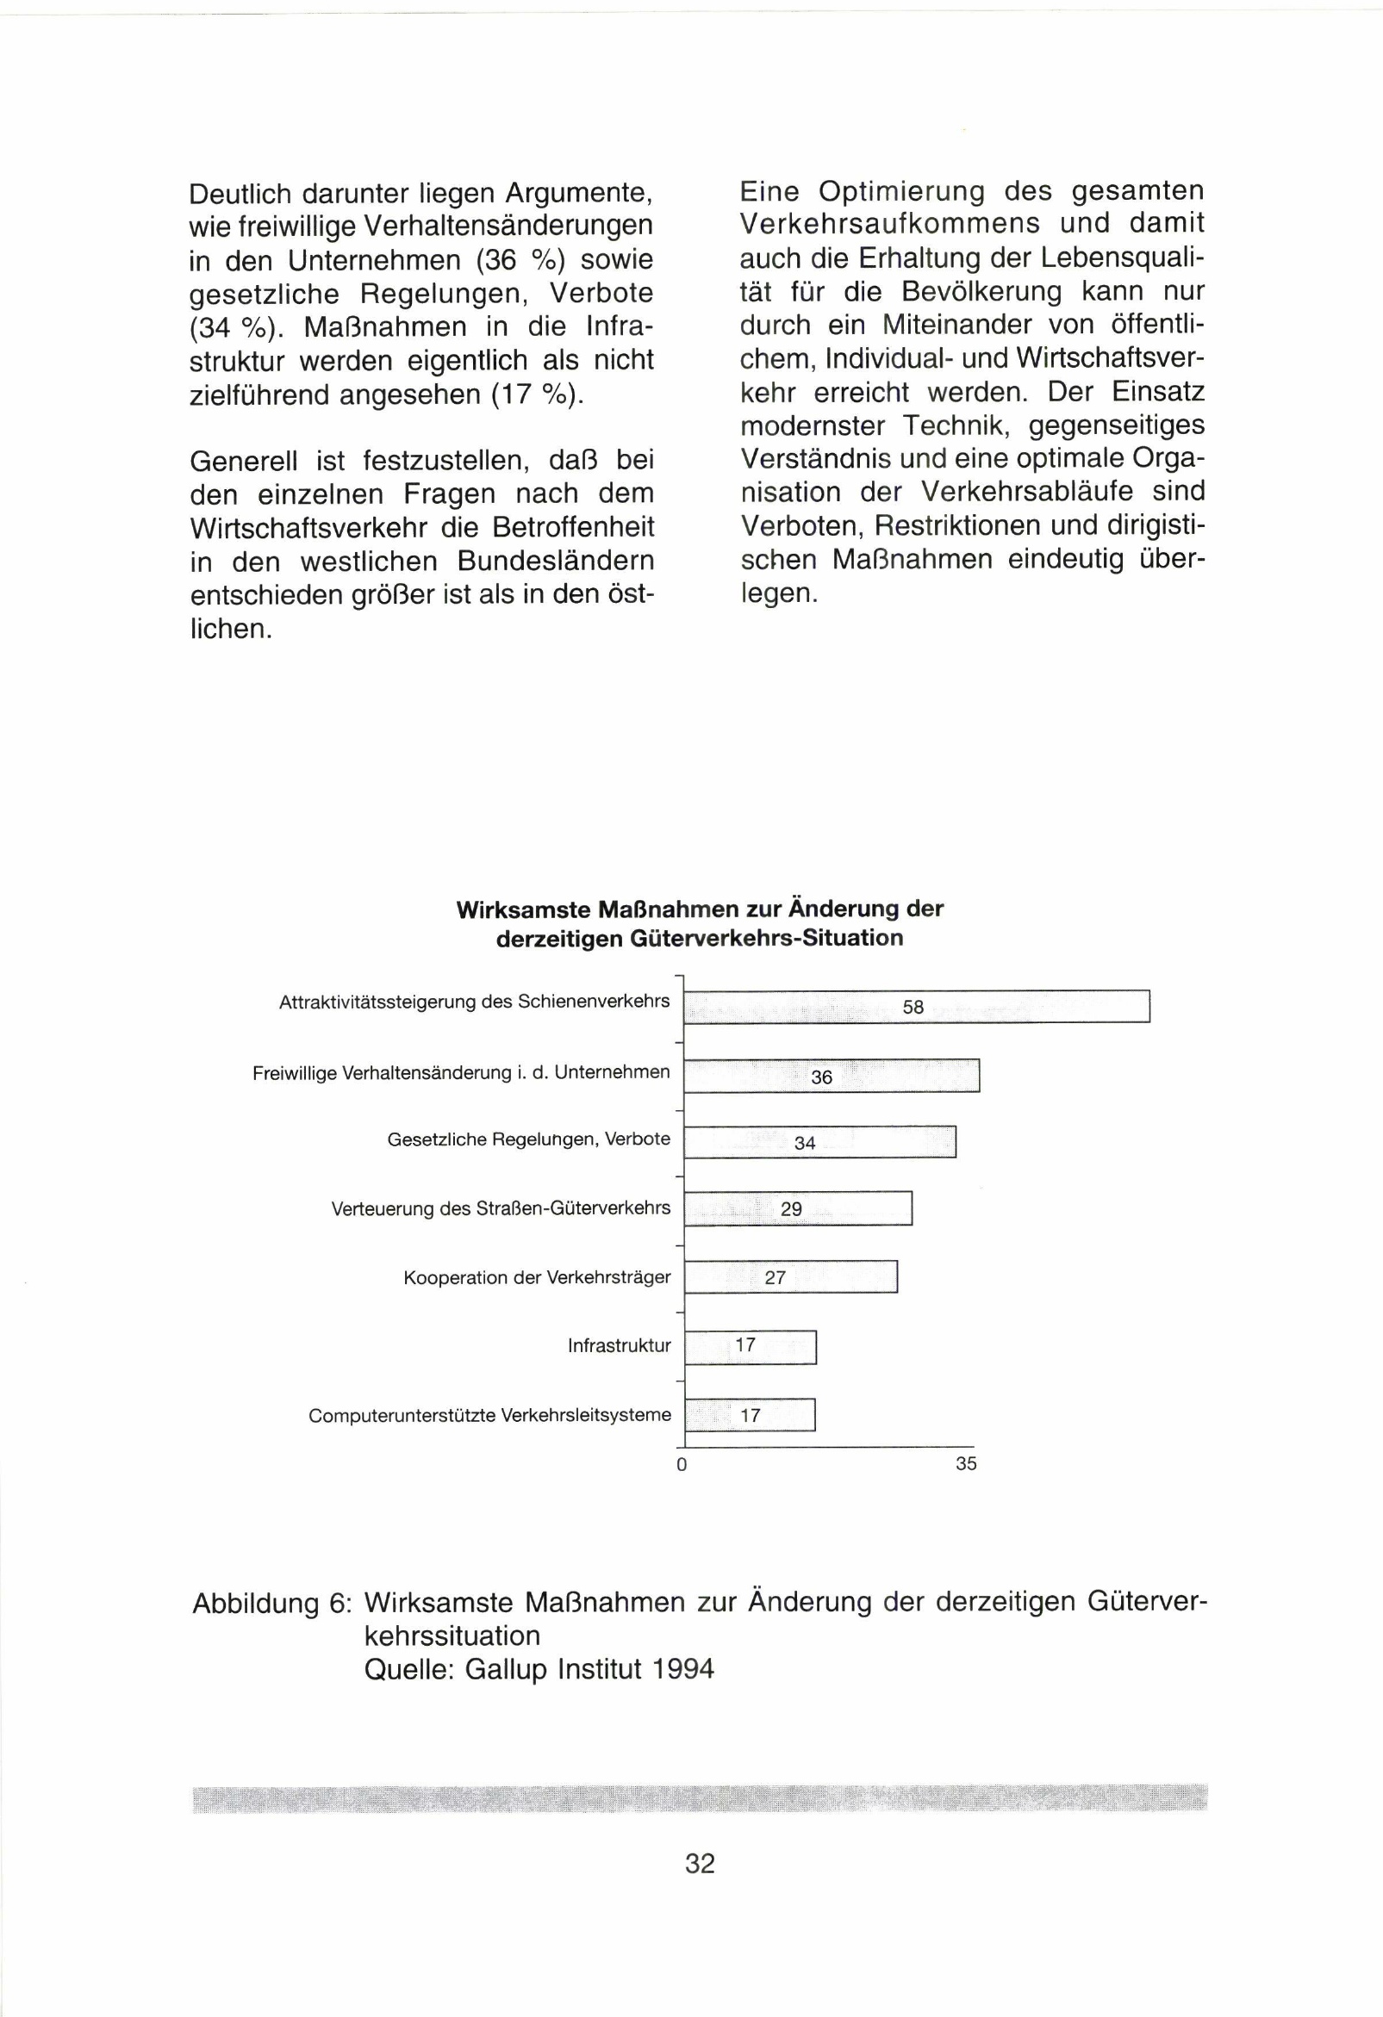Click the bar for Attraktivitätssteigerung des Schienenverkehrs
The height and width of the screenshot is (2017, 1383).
point(917,1007)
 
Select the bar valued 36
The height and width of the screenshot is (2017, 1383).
point(832,1077)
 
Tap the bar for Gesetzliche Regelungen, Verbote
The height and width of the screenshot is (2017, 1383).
point(819,1142)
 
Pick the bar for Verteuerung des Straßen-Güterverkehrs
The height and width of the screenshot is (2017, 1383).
point(798,1208)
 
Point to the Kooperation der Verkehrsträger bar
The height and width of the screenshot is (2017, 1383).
point(790,1276)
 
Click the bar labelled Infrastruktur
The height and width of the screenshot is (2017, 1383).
point(751,1346)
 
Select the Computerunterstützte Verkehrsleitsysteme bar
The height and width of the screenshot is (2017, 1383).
point(750,1415)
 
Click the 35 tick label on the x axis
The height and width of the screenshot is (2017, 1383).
point(966,1464)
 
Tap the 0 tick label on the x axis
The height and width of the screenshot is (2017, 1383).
point(682,1465)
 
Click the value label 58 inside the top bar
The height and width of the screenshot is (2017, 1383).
point(913,1008)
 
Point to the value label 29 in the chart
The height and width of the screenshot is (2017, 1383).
point(791,1209)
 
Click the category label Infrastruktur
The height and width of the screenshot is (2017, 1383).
point(619,1346)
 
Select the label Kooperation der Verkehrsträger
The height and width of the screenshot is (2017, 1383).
point(537,1277)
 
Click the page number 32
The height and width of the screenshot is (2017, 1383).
point(700,1864)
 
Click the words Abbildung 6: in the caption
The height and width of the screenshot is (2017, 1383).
point(271,1603)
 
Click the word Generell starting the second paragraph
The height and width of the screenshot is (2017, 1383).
point(244,460)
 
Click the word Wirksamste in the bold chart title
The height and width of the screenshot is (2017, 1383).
point(523,909)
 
